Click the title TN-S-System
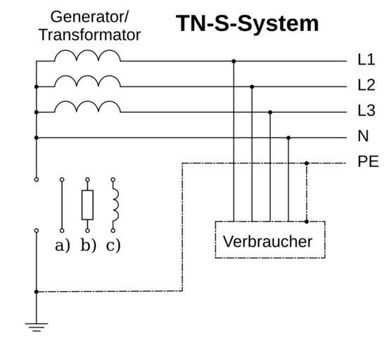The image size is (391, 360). [247, 24]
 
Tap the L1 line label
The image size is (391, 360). [366, 60]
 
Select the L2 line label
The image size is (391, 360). [366, 85]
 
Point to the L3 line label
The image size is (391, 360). [366, 110]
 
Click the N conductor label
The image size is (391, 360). [363, 136]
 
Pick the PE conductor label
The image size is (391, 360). [368, 162]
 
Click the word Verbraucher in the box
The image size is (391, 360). [267, 241]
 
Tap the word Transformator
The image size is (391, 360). [90, 35]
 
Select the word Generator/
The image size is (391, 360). [89, 17]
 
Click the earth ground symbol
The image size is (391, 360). [37, 327]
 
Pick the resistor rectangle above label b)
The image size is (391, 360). [87, 205]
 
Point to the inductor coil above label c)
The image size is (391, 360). [115, 205]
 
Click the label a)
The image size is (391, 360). [63, 245]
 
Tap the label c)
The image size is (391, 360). [113, 245]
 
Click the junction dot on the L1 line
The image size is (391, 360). [233, 61]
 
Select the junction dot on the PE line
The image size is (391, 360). [307, 163]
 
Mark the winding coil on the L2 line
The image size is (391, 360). [87, 82]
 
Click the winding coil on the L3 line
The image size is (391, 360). [87, 107]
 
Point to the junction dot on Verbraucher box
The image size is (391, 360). [307, 221]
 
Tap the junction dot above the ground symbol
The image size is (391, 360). [37, 291]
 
